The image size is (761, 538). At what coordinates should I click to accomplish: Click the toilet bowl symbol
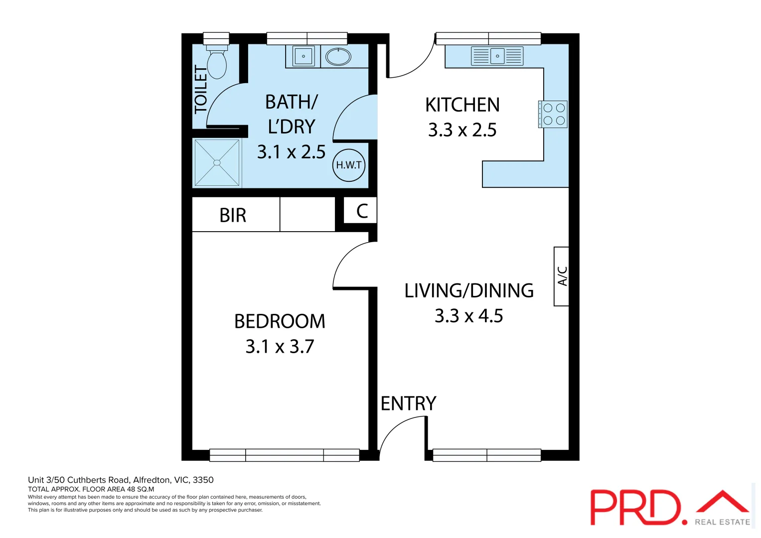pyautogui.click(x=217, y=63)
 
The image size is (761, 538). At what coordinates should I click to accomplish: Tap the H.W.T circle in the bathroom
pyautogui.click(x=349, y=165)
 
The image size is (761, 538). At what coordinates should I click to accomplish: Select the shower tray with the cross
pyautogui.click(x=217, y=163)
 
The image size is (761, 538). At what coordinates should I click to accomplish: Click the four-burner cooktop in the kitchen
pyautogui.click(x=553, y=114)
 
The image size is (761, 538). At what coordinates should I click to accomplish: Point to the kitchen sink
pyautogui.click(x=497, y=56)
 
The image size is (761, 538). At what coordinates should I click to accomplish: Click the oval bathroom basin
pyautogui.click(x=338, y=57)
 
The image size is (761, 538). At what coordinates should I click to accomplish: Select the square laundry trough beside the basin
pyautogui.click(x=304, y=56)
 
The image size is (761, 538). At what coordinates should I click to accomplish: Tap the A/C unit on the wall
pyautogui.click(x=562, y=276)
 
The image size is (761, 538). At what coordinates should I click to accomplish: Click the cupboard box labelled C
pyautogui.click(x=362, y=211)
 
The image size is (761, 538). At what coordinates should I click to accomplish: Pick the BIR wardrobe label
pyautogui.click(x=233, y=216)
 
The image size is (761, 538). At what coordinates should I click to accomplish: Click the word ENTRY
pyautogui.click(x=408, y=403)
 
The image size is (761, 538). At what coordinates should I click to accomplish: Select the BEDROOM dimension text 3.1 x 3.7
pyautogui.click(x=280, y=347)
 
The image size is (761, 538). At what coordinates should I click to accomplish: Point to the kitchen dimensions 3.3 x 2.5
pyautogui.click(x=462, y=130)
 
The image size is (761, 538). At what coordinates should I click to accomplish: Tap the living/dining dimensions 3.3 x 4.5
pyautogui.click(x=468, y=316)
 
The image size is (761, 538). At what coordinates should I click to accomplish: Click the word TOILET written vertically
pyautogui.click(x=200, y=90)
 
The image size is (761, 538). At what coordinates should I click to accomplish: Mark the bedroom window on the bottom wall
pyautogui.click(x=284, y=455)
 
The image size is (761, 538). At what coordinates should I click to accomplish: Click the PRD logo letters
pyautogui.click(x=635, y=507)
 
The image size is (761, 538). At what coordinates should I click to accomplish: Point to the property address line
pyautogui.click(x=121, y=480)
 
